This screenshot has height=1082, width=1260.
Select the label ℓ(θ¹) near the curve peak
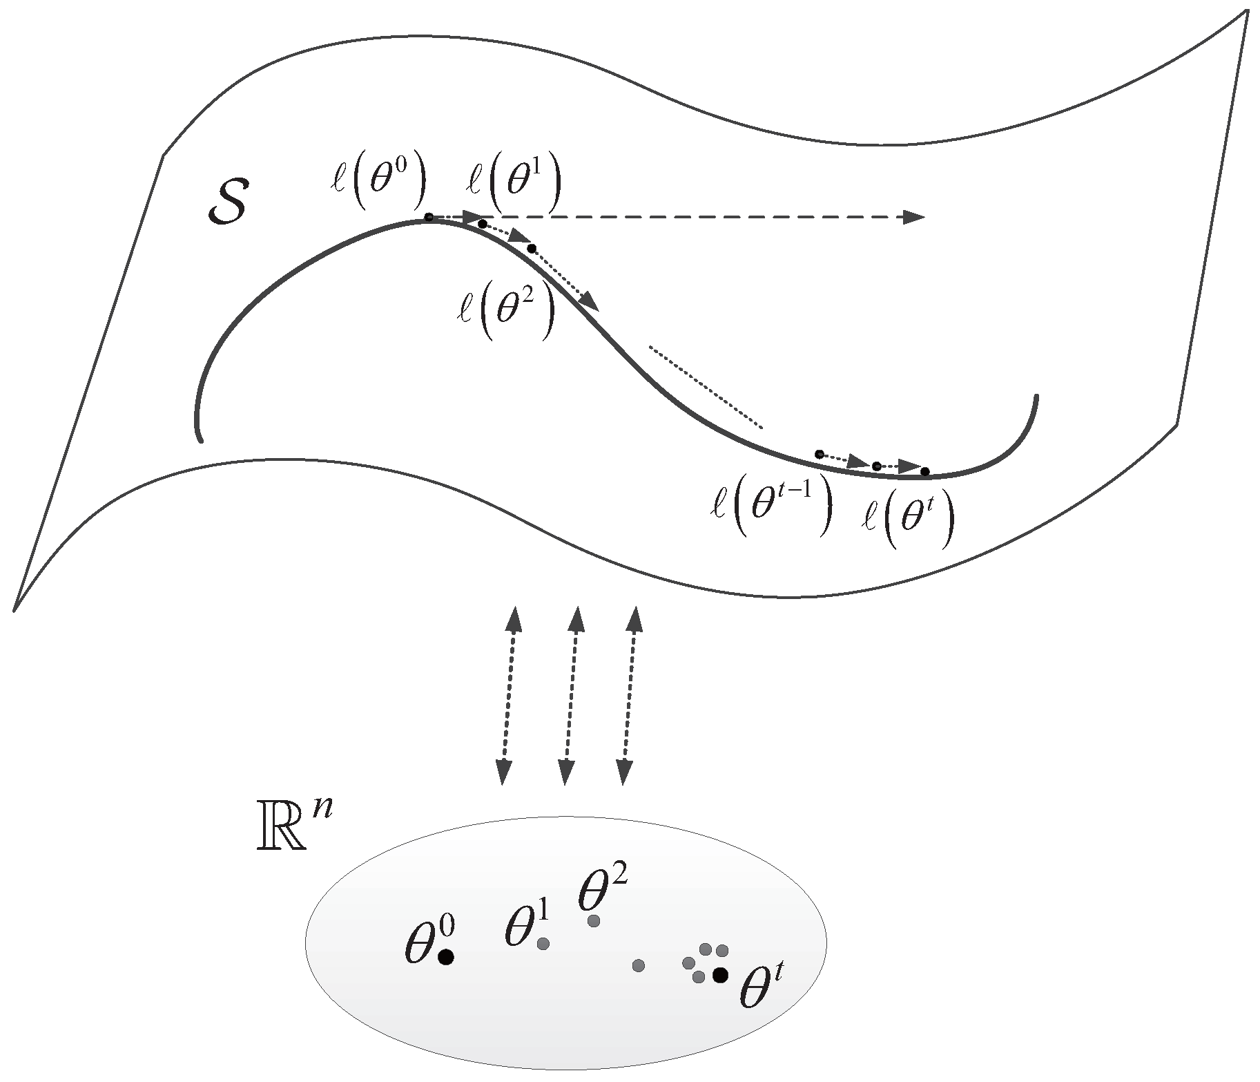[513, 186]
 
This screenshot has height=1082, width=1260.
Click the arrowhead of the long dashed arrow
[915, 217]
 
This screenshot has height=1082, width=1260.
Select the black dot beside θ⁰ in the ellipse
[446, 957]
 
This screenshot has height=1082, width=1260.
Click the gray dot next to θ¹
[543, 944]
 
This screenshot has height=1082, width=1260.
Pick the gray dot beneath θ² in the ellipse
[594, 920]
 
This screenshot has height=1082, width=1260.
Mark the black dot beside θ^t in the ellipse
[720, 975]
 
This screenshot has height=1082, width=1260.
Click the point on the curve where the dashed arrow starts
[429, 218]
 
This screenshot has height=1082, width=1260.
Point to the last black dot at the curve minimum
[925, 472]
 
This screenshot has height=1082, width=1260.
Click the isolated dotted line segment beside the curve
[706, 388]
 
